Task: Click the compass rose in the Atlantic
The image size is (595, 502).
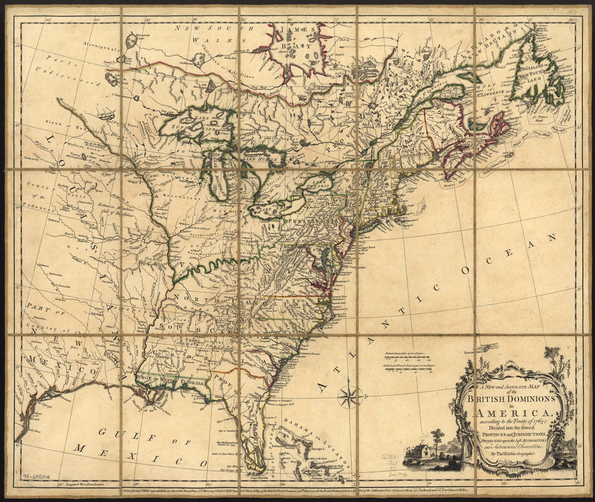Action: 350,396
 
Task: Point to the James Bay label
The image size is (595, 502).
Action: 293,38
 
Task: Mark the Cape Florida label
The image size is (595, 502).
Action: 260,478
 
